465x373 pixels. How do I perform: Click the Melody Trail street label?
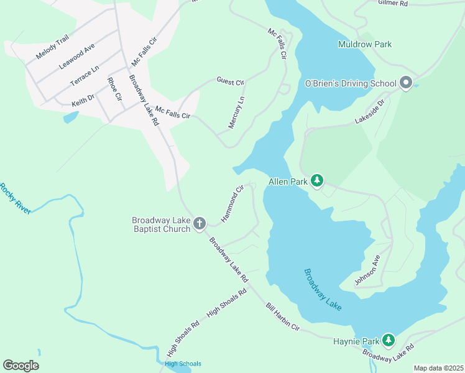(52, 48)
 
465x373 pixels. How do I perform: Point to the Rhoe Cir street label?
(115, 88)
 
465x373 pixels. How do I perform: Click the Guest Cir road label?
(231, 81)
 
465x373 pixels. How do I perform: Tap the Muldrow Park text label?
(365, 45)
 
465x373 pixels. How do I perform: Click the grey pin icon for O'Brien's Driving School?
(406, 83)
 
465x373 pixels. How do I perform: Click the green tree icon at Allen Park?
(317, 181)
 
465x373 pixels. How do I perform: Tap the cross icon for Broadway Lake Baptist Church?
(200, 223)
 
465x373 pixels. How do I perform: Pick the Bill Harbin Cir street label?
(283, 317)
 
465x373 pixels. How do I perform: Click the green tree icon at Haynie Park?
(389, 339)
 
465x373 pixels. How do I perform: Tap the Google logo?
(21, 366)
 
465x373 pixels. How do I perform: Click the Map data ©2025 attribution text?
(438, 368)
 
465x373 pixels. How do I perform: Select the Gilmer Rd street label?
(393, 3)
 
